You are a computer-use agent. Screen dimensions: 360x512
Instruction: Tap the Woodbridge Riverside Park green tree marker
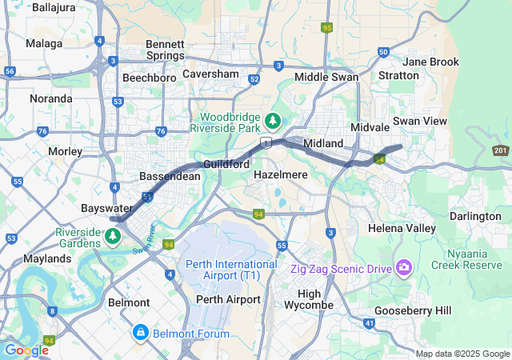click(273, 121)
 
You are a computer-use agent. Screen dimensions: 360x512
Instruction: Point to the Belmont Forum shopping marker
click(141, 330)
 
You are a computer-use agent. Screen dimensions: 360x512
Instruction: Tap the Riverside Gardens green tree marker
click(113, 236)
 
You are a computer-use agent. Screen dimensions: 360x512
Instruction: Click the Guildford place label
click(226, 164)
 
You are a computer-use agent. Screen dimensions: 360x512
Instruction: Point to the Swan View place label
click(438, 120)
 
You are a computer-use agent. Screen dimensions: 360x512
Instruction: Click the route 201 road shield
click(501, 150)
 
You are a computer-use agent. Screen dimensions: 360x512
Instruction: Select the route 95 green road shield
click(326, 27)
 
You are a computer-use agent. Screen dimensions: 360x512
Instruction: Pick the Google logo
click(26, 350)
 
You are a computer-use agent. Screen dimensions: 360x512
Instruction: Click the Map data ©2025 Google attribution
click(462, 354)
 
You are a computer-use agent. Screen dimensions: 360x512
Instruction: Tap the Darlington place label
click(474, 216)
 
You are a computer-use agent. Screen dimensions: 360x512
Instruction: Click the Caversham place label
click(210, 74)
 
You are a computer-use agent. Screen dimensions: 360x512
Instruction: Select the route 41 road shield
click(369, 322)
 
